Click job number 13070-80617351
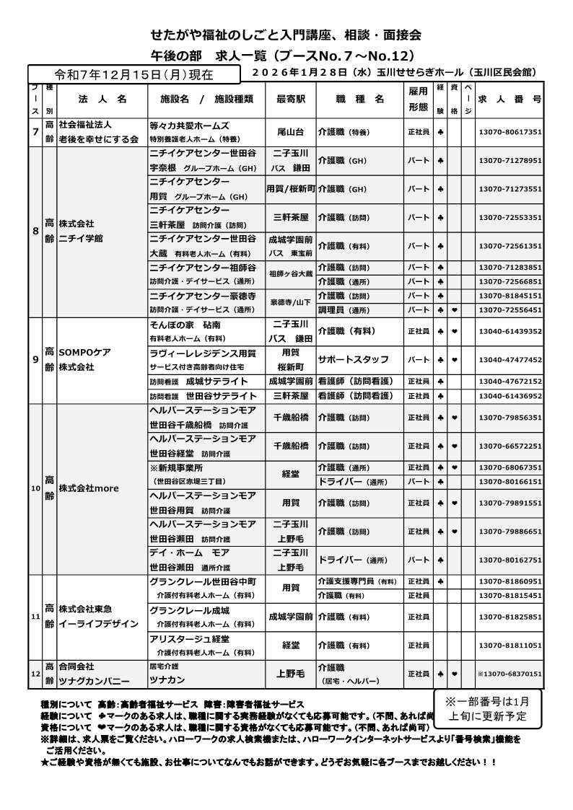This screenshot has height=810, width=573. point(509,133)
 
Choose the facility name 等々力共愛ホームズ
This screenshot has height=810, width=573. point(189,126)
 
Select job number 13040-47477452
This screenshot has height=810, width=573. point(509,359)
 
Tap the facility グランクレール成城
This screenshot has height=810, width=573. point(189,610)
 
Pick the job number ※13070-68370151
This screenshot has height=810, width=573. point(509,674)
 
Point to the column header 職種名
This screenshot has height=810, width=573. point(359,99)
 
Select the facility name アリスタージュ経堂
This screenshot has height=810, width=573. point(189,639)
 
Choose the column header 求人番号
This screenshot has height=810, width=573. point(509,99)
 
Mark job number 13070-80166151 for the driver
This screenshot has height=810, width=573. point(509,481)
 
